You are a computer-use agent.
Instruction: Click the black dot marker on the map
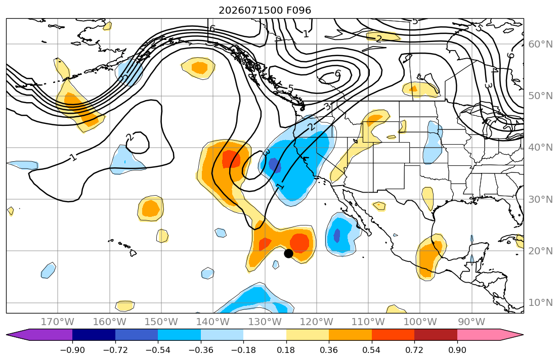288,253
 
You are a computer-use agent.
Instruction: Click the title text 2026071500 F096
265,10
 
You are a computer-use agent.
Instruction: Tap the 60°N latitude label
540,44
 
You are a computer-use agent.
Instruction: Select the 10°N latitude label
540,303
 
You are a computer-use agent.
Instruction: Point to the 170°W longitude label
58,322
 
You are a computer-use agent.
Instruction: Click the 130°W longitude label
265,322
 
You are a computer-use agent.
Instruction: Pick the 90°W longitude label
471,322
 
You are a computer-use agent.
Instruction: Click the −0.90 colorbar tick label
72,350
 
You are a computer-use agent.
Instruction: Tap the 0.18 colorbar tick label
286,350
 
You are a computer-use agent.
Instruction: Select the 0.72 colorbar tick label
414,350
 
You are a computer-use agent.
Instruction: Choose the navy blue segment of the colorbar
94,335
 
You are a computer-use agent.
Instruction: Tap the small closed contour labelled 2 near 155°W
139,143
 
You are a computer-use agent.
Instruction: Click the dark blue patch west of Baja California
337,235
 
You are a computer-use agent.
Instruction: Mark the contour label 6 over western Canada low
337,73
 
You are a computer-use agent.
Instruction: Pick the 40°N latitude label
540,148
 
